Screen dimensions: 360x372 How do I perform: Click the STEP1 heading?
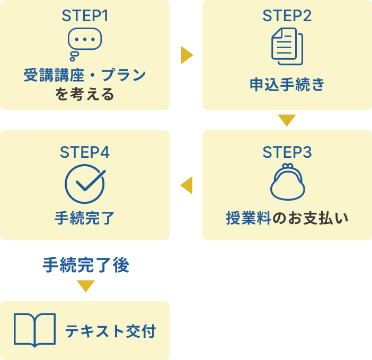tap(85, 15)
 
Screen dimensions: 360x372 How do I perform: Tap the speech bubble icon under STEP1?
tap(84, 42)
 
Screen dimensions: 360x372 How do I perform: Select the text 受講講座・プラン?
tap(85, 75)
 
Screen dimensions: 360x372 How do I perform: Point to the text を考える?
tap(85, 95)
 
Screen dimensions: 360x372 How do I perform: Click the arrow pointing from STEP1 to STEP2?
tap(187, 55)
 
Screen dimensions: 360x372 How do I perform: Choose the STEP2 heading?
tap(287, 15)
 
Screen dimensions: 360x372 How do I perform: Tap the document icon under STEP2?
tap(287, 47)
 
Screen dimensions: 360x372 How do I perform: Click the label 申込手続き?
tap(287, 85)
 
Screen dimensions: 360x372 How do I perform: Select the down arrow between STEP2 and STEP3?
tap(287, 121)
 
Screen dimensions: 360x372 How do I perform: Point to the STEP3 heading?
tap(287, 152)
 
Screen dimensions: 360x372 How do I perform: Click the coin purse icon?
tap(287, 183)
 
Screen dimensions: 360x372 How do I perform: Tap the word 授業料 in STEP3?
tap(248, 218)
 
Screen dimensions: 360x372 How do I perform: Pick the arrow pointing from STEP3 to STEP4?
tap(187, 185)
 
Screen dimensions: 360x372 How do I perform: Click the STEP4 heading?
tap(85, 152)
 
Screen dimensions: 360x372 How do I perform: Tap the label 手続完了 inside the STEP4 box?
tap(85, 218)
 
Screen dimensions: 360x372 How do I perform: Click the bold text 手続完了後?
tap(86, 265)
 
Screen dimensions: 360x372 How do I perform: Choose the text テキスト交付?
tap(111, 331)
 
